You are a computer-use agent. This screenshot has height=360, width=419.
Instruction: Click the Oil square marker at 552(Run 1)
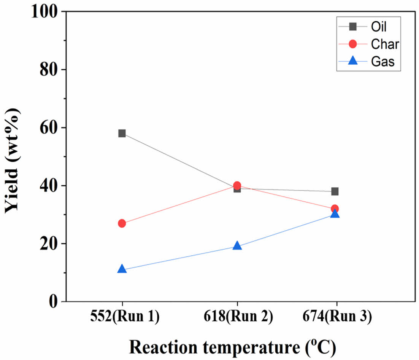pyautogui.click(x=122, y=133)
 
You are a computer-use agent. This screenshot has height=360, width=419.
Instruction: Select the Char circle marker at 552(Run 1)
pyautogui.click(x=122, y=223)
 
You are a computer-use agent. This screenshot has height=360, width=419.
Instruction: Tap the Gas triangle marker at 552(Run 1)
pyautogui.click(x=122, y=269)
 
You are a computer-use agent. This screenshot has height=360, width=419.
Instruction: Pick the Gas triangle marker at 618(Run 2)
pyautogui.click(x=237, y=245)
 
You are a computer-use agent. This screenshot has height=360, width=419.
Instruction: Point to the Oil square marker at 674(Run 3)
pyautogui.click(x=335, y=191)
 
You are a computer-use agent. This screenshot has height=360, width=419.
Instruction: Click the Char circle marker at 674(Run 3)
pyautogui.click(x=335, y=209)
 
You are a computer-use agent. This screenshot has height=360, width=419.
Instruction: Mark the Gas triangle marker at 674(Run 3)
pyautogui.click(x=335, y=213)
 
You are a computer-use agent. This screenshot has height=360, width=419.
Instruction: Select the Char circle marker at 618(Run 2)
pyautogui.click(x=237, y=186)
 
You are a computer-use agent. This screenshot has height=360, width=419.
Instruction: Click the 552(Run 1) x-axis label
pyautogui.click(x=122, y=317)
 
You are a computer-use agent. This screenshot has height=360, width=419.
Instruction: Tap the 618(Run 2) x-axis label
pyautogui.click(x=237, y=317)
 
